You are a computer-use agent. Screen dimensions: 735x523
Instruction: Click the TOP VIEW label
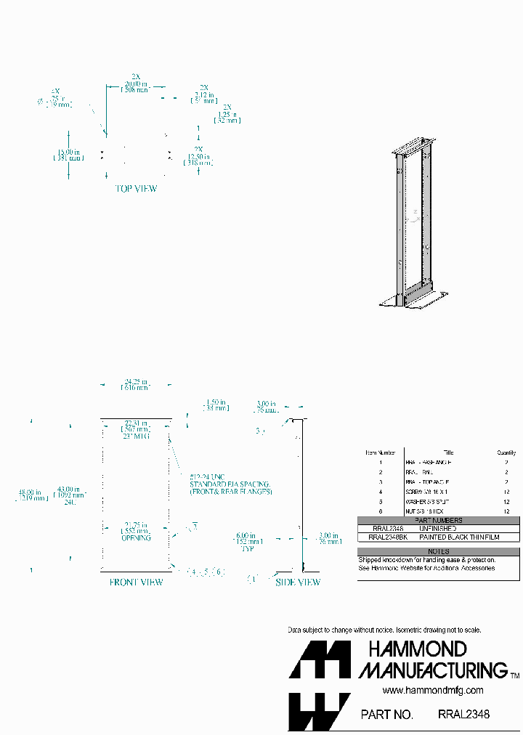(136, 189)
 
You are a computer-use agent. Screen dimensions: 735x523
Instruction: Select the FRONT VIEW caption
(136, 582)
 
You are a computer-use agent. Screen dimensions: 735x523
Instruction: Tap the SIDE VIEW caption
(297, 582)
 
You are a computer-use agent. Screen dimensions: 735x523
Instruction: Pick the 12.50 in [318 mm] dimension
(198, 159)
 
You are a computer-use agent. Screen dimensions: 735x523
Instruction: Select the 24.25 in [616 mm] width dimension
(136, 385)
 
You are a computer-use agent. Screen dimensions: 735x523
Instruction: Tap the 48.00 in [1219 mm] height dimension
(33, 495)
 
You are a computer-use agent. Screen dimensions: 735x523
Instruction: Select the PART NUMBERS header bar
(438, 520)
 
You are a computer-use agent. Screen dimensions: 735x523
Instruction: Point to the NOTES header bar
(438, 551)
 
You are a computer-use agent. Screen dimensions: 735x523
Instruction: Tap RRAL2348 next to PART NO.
(463, 714)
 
